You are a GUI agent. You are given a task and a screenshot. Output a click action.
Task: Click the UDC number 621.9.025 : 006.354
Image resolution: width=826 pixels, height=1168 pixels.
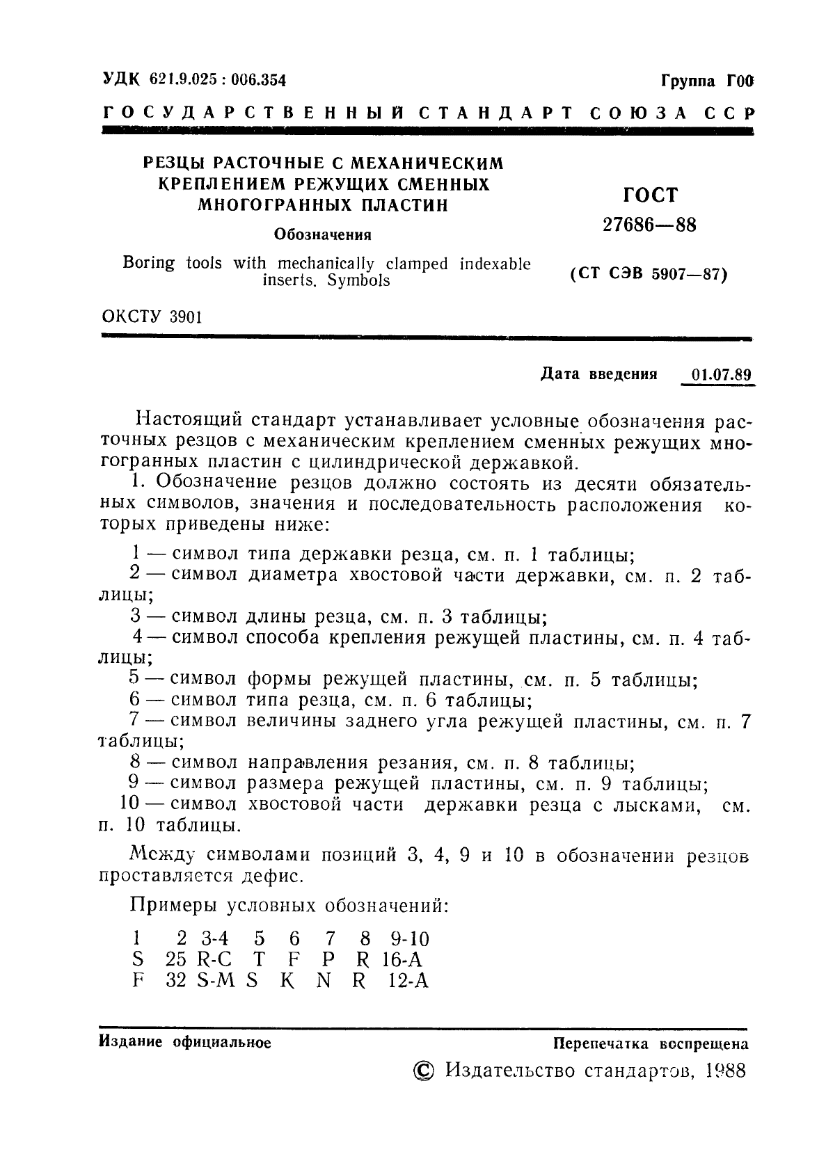tap(217, 80)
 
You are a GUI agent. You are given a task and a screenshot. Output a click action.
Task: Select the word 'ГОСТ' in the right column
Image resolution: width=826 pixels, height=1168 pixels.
tap(650, 195)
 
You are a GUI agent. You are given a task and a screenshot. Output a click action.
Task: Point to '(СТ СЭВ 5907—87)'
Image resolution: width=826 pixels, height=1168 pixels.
tap(649, 275)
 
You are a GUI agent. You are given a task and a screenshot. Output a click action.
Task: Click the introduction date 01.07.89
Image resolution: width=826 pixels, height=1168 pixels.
tap(722, 374)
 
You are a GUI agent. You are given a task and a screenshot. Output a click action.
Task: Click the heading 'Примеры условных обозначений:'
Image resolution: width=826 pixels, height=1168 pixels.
tap(289, 906)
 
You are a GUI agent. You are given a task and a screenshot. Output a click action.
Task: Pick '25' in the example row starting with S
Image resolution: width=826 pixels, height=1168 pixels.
tap(177, 960)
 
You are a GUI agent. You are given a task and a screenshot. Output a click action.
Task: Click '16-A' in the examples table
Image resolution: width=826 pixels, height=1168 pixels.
tap(402, 960)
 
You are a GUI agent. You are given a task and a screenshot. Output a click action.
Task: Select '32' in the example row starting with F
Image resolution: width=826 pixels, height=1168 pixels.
tap(177, 982)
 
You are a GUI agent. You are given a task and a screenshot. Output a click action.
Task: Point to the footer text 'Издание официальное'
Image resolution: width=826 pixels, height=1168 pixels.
tap(185, 1042)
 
